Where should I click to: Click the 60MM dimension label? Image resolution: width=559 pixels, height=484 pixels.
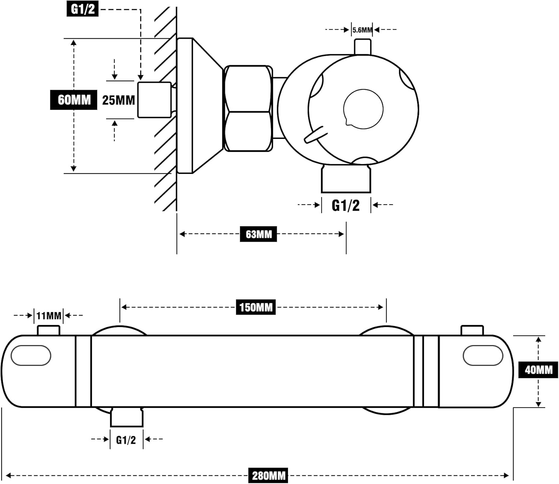[73, 100]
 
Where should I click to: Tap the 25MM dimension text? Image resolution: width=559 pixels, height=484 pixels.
[119, 100]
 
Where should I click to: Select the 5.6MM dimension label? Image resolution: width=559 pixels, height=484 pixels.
[362, 30]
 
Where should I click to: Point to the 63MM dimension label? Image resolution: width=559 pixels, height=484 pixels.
[259, 234]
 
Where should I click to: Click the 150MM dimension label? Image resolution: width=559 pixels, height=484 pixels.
[256, 307]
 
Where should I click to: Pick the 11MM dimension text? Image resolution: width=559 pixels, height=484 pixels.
[49, 316]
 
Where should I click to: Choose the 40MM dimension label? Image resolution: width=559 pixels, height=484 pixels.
[539, 370]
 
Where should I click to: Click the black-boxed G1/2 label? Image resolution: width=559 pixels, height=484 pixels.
[82, 9]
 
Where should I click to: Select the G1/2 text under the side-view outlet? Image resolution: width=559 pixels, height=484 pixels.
[345, 206]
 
